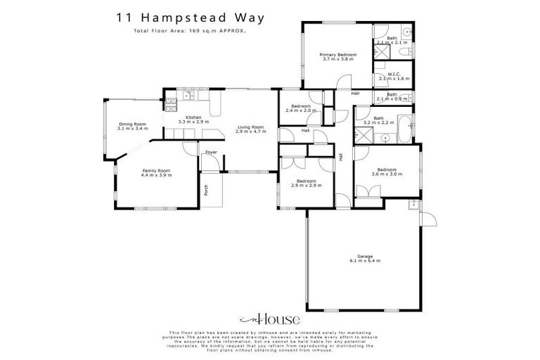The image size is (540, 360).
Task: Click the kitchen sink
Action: click(187, 95)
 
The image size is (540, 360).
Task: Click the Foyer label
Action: click(210, 153)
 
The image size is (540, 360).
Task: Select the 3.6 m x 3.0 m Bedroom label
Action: click(387, 172)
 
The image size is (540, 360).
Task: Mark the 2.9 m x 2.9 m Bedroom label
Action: click(306, 184)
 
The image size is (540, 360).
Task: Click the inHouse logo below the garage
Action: click(269, 318)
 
